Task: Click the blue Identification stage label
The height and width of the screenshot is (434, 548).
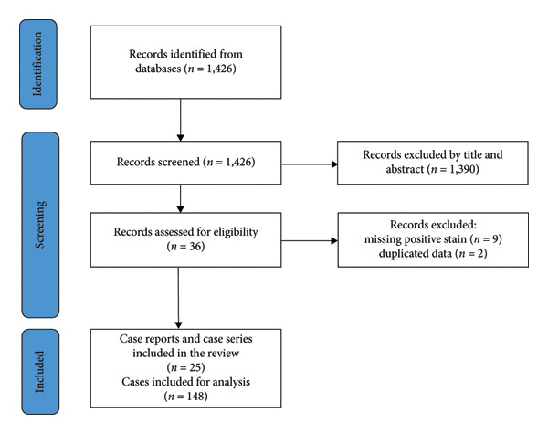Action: [38, 64]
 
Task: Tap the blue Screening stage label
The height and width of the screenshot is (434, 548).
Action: [40, 225]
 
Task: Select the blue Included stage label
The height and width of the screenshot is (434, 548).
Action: [40, 372]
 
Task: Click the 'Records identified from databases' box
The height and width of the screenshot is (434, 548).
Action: [185, 62]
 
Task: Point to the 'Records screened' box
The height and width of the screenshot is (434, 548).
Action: [185, 163]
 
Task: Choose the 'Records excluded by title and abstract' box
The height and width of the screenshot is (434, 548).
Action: [433, 163]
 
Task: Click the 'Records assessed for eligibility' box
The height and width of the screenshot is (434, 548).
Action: [185, 240]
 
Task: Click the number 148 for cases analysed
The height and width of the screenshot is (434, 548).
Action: [195, 397]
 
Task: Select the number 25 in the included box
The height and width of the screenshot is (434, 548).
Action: [195, 367]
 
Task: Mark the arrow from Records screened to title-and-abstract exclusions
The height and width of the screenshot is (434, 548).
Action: [310, 164]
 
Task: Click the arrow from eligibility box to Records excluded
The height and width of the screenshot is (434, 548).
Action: [310, 240]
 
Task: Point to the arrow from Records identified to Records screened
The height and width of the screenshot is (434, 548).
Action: [180, 120]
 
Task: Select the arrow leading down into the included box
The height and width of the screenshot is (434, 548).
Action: [178, 298]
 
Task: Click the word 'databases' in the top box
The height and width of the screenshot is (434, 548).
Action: [158, 69]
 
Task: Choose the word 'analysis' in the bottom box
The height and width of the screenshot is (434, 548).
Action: [231, 382]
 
